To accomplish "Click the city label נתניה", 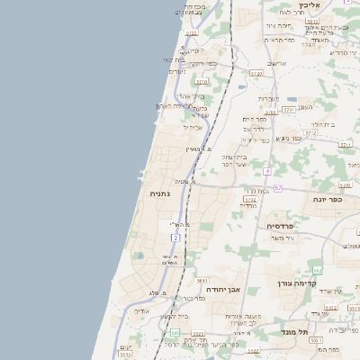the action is tap(149, 193).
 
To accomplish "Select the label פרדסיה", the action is tap(283, 226).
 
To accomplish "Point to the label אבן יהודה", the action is tap(220, 290).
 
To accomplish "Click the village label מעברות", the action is tap(271, 97).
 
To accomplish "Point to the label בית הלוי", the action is tap(321, 124).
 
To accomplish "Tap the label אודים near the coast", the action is tap(145, 310).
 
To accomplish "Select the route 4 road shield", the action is tap(267, 170).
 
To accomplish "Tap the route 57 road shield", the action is tap(278, 187).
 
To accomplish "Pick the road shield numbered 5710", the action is tap(202, 81).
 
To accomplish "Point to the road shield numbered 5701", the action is tap(288, 109).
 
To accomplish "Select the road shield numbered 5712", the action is tap(310, 132).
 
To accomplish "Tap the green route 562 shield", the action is tap(317, 270).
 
